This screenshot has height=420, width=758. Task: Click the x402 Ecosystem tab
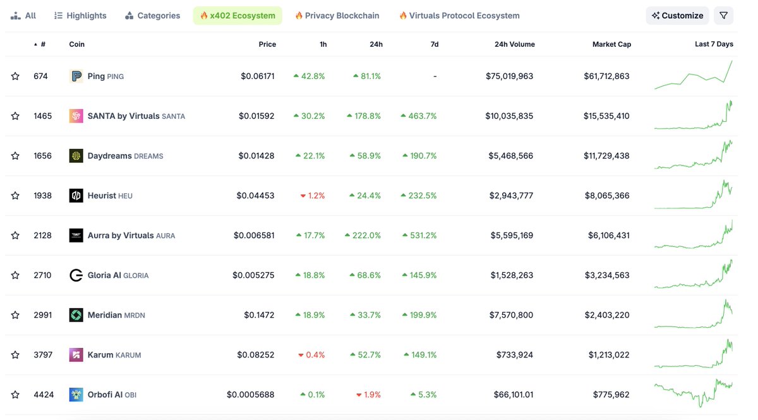238,16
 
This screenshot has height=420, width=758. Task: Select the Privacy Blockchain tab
337,16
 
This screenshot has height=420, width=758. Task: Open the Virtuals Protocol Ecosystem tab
459,16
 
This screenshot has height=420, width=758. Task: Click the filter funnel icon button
723,16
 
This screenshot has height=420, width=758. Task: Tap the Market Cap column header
611,44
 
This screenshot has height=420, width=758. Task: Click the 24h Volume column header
514,44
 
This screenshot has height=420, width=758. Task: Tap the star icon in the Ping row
15,76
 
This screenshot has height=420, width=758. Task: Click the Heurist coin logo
76,196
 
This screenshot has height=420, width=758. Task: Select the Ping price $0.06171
257,76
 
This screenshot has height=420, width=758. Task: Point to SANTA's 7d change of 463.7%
419,116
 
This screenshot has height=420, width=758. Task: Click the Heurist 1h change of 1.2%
313,196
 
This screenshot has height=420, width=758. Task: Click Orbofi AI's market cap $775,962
611,395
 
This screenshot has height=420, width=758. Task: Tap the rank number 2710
43,275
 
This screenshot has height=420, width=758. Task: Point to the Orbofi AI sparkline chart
693,393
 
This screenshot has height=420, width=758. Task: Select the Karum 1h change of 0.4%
311,355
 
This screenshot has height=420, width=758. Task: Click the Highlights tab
80,16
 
